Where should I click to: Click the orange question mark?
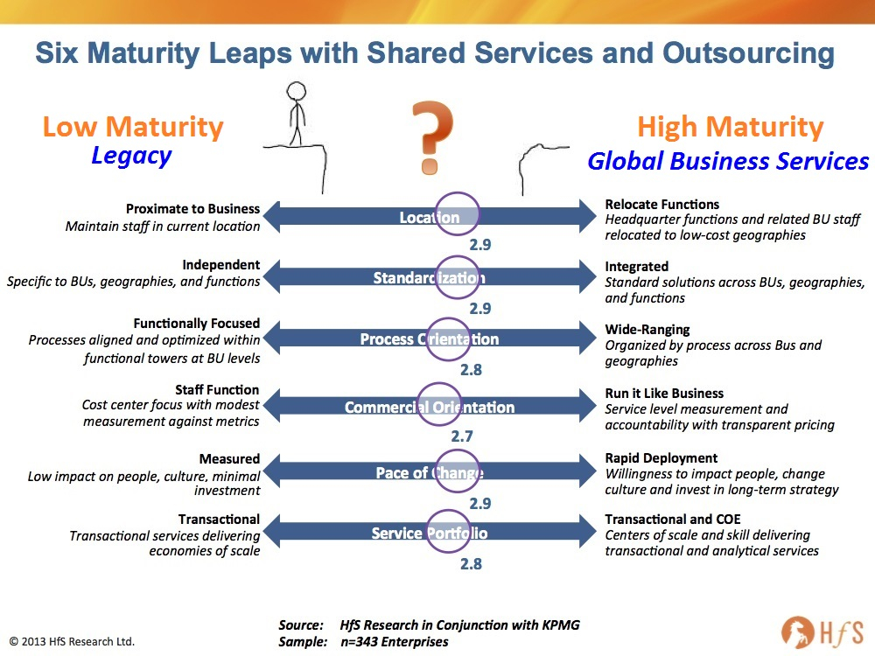pyautogui.click(x=430, y=137)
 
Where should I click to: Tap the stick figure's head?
pyautogui.click(x=297, y=90)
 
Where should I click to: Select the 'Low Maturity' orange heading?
pyautogui.click(x=133, y=127)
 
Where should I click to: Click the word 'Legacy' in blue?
pyautogui.click(x=132, y=157)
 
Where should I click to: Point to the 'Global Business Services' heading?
pyautogui.click(x=728, y=161)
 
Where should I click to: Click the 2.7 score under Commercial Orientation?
pyautogui.click(x=462, y=436)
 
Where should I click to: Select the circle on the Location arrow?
pyautogui.click(x=457, y=192)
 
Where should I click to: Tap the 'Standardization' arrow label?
pyautogui.click(x=429, y=278)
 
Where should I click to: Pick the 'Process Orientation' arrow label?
pyautogui.click(x=429, y=339)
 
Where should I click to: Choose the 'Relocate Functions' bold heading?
pyautogui.click(x=661, y=204)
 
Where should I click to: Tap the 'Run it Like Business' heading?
pyautogui.click(x=664, y=394)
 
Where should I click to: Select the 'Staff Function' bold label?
pyautogui.click(x=217, y=389)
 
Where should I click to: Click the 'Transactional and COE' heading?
pyautogui.click(x=672, y=520)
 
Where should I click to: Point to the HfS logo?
pyautogui.click(x=822, y=632)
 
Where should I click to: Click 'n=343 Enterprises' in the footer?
pyautogui.click(x=394, y=642)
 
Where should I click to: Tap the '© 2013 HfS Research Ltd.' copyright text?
pyautogui.click(x=72, y=641)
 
